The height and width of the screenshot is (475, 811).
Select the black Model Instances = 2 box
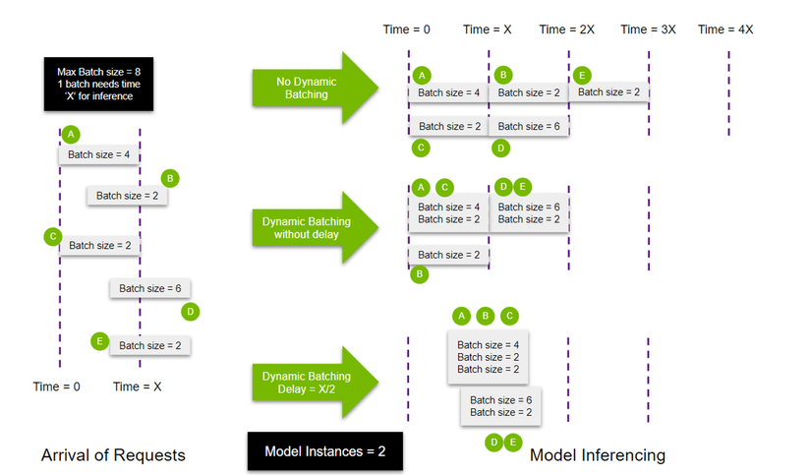click(x=325, y=451)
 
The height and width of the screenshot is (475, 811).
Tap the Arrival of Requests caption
click(x=113, y=454)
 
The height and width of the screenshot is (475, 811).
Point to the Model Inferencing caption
click(x=597, y=454)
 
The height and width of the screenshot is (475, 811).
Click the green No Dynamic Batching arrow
click(x=315, y=89)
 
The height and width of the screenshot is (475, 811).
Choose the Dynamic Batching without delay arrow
click(x=315, y=228)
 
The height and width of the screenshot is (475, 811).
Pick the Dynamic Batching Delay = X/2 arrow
click(x=315, y=384)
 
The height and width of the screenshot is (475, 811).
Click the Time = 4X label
click(x=725, y=30)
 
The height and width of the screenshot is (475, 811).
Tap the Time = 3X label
click(x=648, y=30)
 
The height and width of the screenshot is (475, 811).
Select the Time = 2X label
click(x=567, y=30)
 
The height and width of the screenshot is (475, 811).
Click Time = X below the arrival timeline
click(x=138, y=386)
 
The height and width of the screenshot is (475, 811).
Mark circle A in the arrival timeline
click(x=72, y=134)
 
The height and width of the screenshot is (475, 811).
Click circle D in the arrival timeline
click(x=191, y=312)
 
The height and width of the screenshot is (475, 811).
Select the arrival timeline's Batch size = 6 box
click(x=149, y=289)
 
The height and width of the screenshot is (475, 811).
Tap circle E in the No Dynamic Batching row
click(x=583, y=75)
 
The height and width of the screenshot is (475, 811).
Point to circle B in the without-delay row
click(x=420, y=275)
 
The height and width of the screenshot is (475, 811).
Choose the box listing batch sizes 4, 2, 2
click(x=488, y=357)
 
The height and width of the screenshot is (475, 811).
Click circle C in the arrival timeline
click(x=52, y=236)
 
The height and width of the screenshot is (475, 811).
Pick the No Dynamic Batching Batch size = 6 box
click(x=529, y=126)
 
